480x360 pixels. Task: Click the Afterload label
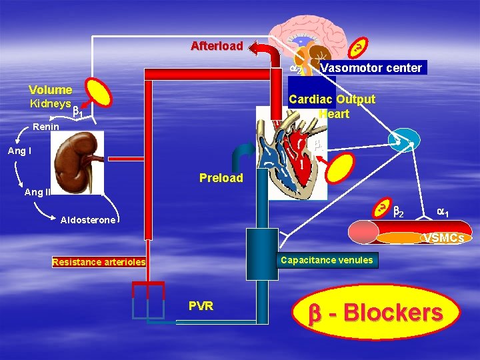click(x=217, y=46)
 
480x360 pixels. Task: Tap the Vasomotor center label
click(x=371, y=67)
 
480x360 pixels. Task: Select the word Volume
click(x=50, y=89)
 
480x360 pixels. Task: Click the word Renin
click(x=47, y=126)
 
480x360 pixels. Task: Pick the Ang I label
click(x=19, y=151)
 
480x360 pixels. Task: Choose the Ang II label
click(x=37, y=192)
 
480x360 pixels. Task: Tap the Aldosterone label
click(x=88, y=220)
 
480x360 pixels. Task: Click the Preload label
click(x=221, y=178)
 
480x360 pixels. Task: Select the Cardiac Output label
click(x=332, y=99)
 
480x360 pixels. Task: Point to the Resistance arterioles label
click(x=98, y=262)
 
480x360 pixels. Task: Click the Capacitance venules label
click(x=327, y=260)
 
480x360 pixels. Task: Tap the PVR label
click(x=201, y=306)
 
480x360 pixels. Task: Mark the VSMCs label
click(x=444, y=237)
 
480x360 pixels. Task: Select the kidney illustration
click(x=78, y=161)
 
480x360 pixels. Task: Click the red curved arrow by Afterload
click(x=264, y=53)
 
